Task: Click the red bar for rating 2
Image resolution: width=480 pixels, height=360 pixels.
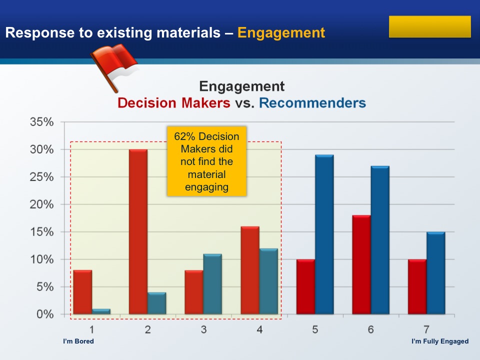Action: [138, 231]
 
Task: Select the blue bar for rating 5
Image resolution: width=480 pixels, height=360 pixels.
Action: [324, 234]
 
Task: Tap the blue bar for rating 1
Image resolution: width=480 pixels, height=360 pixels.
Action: [101, 311]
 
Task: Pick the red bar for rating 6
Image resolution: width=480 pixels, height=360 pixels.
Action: [361, 265]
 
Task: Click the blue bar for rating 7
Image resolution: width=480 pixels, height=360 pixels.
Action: [435, 273]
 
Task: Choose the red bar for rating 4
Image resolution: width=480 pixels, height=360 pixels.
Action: [250, 270]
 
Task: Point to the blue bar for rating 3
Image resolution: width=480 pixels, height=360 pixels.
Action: [212, 284]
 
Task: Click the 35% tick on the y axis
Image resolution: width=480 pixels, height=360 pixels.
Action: [41, 122]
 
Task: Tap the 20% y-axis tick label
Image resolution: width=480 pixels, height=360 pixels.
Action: [41, 204]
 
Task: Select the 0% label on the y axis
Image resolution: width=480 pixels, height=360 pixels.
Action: [45, 314]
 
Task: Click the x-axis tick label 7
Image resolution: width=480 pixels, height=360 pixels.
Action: [426, 329]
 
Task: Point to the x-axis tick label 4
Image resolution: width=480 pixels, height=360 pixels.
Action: [259, 329]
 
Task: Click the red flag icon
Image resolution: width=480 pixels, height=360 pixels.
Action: [114, 67]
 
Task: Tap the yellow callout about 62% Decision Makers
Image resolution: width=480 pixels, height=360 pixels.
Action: [206, 161]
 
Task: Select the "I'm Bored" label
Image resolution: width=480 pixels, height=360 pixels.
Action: [78, 341]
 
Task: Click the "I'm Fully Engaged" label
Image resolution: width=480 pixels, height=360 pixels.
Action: [440, 341]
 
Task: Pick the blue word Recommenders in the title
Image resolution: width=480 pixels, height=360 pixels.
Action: [312, 103]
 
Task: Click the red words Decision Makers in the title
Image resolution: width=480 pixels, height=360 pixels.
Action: [174, 103]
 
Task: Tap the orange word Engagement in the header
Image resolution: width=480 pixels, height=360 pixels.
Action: [281, 33]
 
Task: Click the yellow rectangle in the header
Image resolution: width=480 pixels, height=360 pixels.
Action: [430, 26]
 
